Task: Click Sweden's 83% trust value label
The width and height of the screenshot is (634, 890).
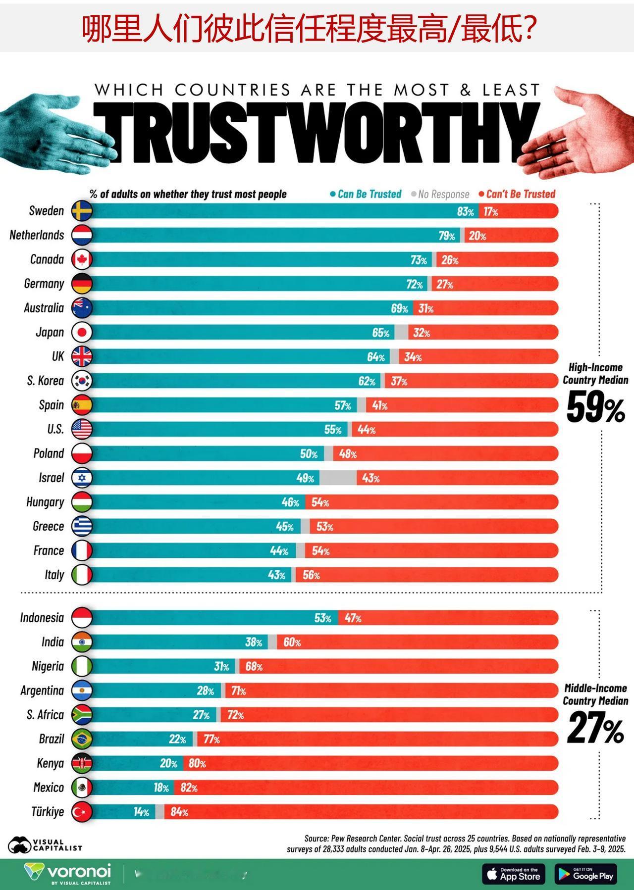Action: (465, 212)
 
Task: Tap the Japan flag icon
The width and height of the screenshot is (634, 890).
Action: (82, 332)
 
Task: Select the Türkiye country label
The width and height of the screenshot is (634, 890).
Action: (48, 812)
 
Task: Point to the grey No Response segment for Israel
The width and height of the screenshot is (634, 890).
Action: (338, 478)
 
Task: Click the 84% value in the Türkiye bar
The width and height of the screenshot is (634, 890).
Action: (179, 812)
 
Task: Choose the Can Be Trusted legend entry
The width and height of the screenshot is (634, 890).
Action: (366, 194)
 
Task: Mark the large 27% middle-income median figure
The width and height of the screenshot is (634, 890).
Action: (595, 728)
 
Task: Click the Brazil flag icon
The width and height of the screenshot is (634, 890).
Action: (82, 739)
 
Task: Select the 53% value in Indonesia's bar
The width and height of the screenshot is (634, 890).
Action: (322, 618)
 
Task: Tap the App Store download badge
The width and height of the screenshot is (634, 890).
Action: (513, 874)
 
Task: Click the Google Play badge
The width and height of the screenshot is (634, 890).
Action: (586, 874)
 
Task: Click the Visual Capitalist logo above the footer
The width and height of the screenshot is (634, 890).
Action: (45, 845)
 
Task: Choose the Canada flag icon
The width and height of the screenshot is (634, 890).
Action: (82, 259)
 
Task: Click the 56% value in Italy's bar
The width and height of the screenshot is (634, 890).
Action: (311, 575)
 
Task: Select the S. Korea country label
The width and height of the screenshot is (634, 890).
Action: (46, 381)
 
